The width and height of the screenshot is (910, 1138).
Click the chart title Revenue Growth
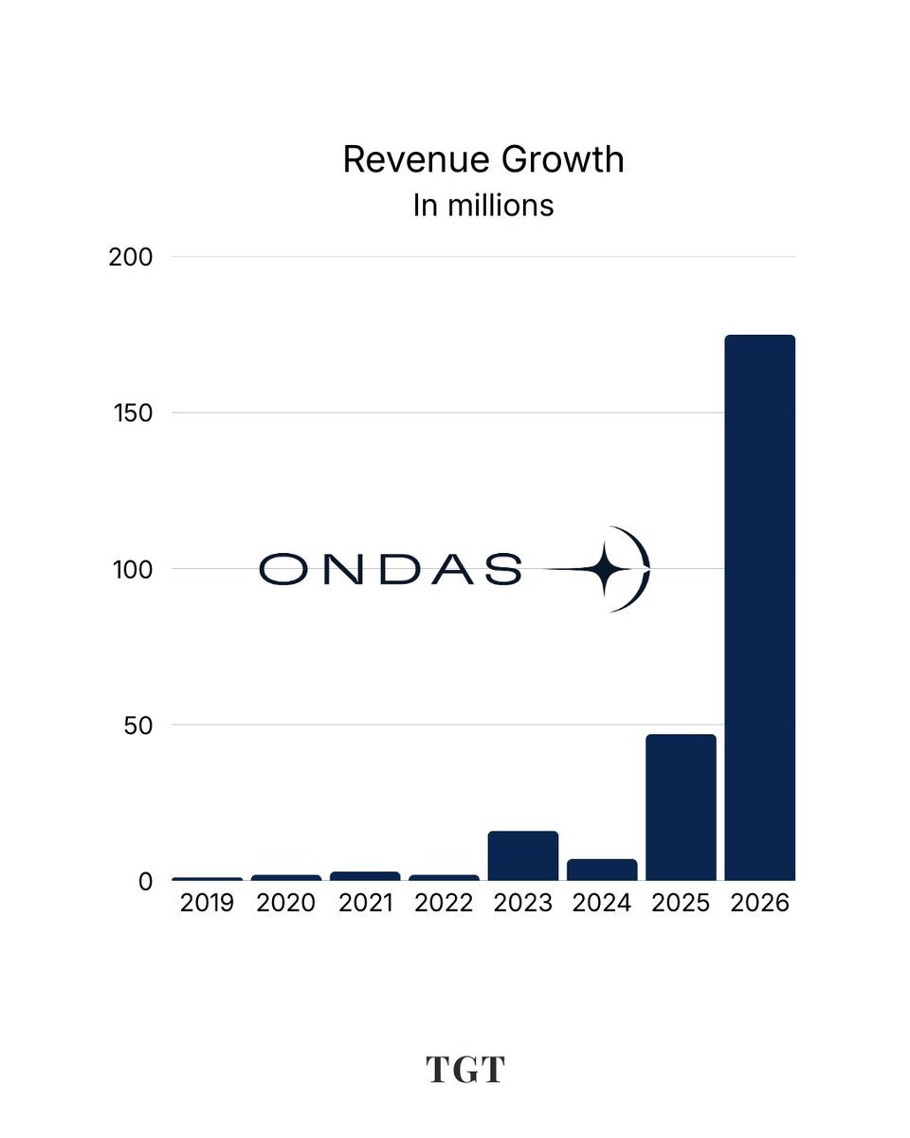pyautogui.click(x=483, y=159)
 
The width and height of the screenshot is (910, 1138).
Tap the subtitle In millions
pyautogui.click(x=483, y=205)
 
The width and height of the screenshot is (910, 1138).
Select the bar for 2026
pyautogui.click(x=760, y=608)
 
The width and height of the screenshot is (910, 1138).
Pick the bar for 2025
pyautogui.click(x=681, y=807)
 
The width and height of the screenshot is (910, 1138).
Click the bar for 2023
pyautogui.click(x=523, y=856)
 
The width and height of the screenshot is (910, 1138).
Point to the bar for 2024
pyautogui.click(x=602, y=871)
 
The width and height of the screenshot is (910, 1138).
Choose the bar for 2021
pyautogui.click(x=365, y=876)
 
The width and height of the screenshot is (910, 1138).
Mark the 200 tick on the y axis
pyautogui.click(x=131, y=258)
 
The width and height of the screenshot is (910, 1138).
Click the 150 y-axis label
pyautogui.click(x=134, y=413)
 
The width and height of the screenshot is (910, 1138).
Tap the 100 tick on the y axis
pyautogui.click(x=133, y=570)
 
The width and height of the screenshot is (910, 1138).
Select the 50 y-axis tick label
pyautogui.click(x=138, y=725)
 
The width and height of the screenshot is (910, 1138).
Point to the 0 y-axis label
pyautogui.click(x=145, y=882)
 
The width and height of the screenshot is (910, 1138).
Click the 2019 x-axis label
pyautogui.click(x=207, y=903)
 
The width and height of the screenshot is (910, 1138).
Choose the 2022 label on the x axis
pyautogui.click(x=444, y=903)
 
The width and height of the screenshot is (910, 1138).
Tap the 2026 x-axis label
pyautogui.click(x=760, y=903)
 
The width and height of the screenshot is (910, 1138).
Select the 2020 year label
pyautogui.click(x=286, y=903)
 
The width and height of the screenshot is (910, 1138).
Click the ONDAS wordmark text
pyautogui.click(x=391, y=569)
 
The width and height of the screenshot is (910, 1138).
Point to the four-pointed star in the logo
pyautogui.click(x=605, y=569)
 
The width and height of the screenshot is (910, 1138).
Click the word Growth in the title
pyautogui.click(x=563, y=159)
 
